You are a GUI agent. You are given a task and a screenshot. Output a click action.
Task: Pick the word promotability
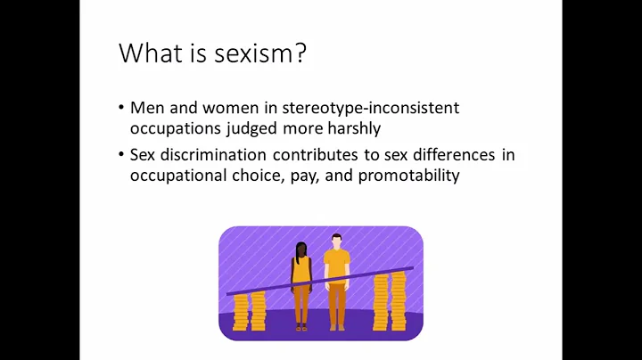click(409, 176)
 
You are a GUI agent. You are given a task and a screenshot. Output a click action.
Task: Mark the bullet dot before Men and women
click(121, 109)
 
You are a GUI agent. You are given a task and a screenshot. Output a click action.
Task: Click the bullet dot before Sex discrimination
click(121, 156)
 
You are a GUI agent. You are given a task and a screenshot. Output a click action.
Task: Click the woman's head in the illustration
click(300, 250)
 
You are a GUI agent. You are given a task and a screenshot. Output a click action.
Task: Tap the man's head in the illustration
click(336, 241)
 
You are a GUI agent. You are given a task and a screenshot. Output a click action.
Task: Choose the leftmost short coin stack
click(240, 313)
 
